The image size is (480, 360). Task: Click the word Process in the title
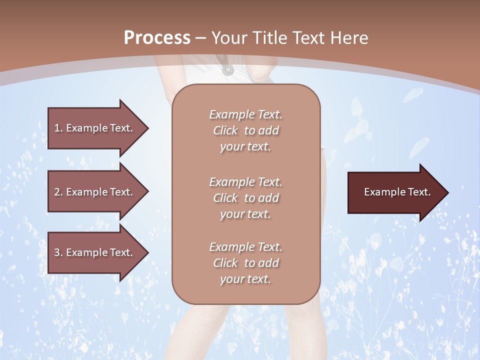[x=157, y=38]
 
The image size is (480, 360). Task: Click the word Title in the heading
[x=270, y=38]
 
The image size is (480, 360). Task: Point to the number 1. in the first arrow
[x=58, y=128]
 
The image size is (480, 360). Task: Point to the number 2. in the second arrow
[x=58, y=192]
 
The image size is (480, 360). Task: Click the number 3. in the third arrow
[x=58, y=252]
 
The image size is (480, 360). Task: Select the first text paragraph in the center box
[x=245, y=130]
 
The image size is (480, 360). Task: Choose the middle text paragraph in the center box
[x=245, y=198]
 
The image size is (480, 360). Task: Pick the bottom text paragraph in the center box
[x=245, y=263]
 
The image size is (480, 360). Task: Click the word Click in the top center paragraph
[x=225, y=130]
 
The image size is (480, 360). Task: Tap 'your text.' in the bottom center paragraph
[x=245, y=279]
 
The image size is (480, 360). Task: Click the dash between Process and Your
[x=201, y=38]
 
